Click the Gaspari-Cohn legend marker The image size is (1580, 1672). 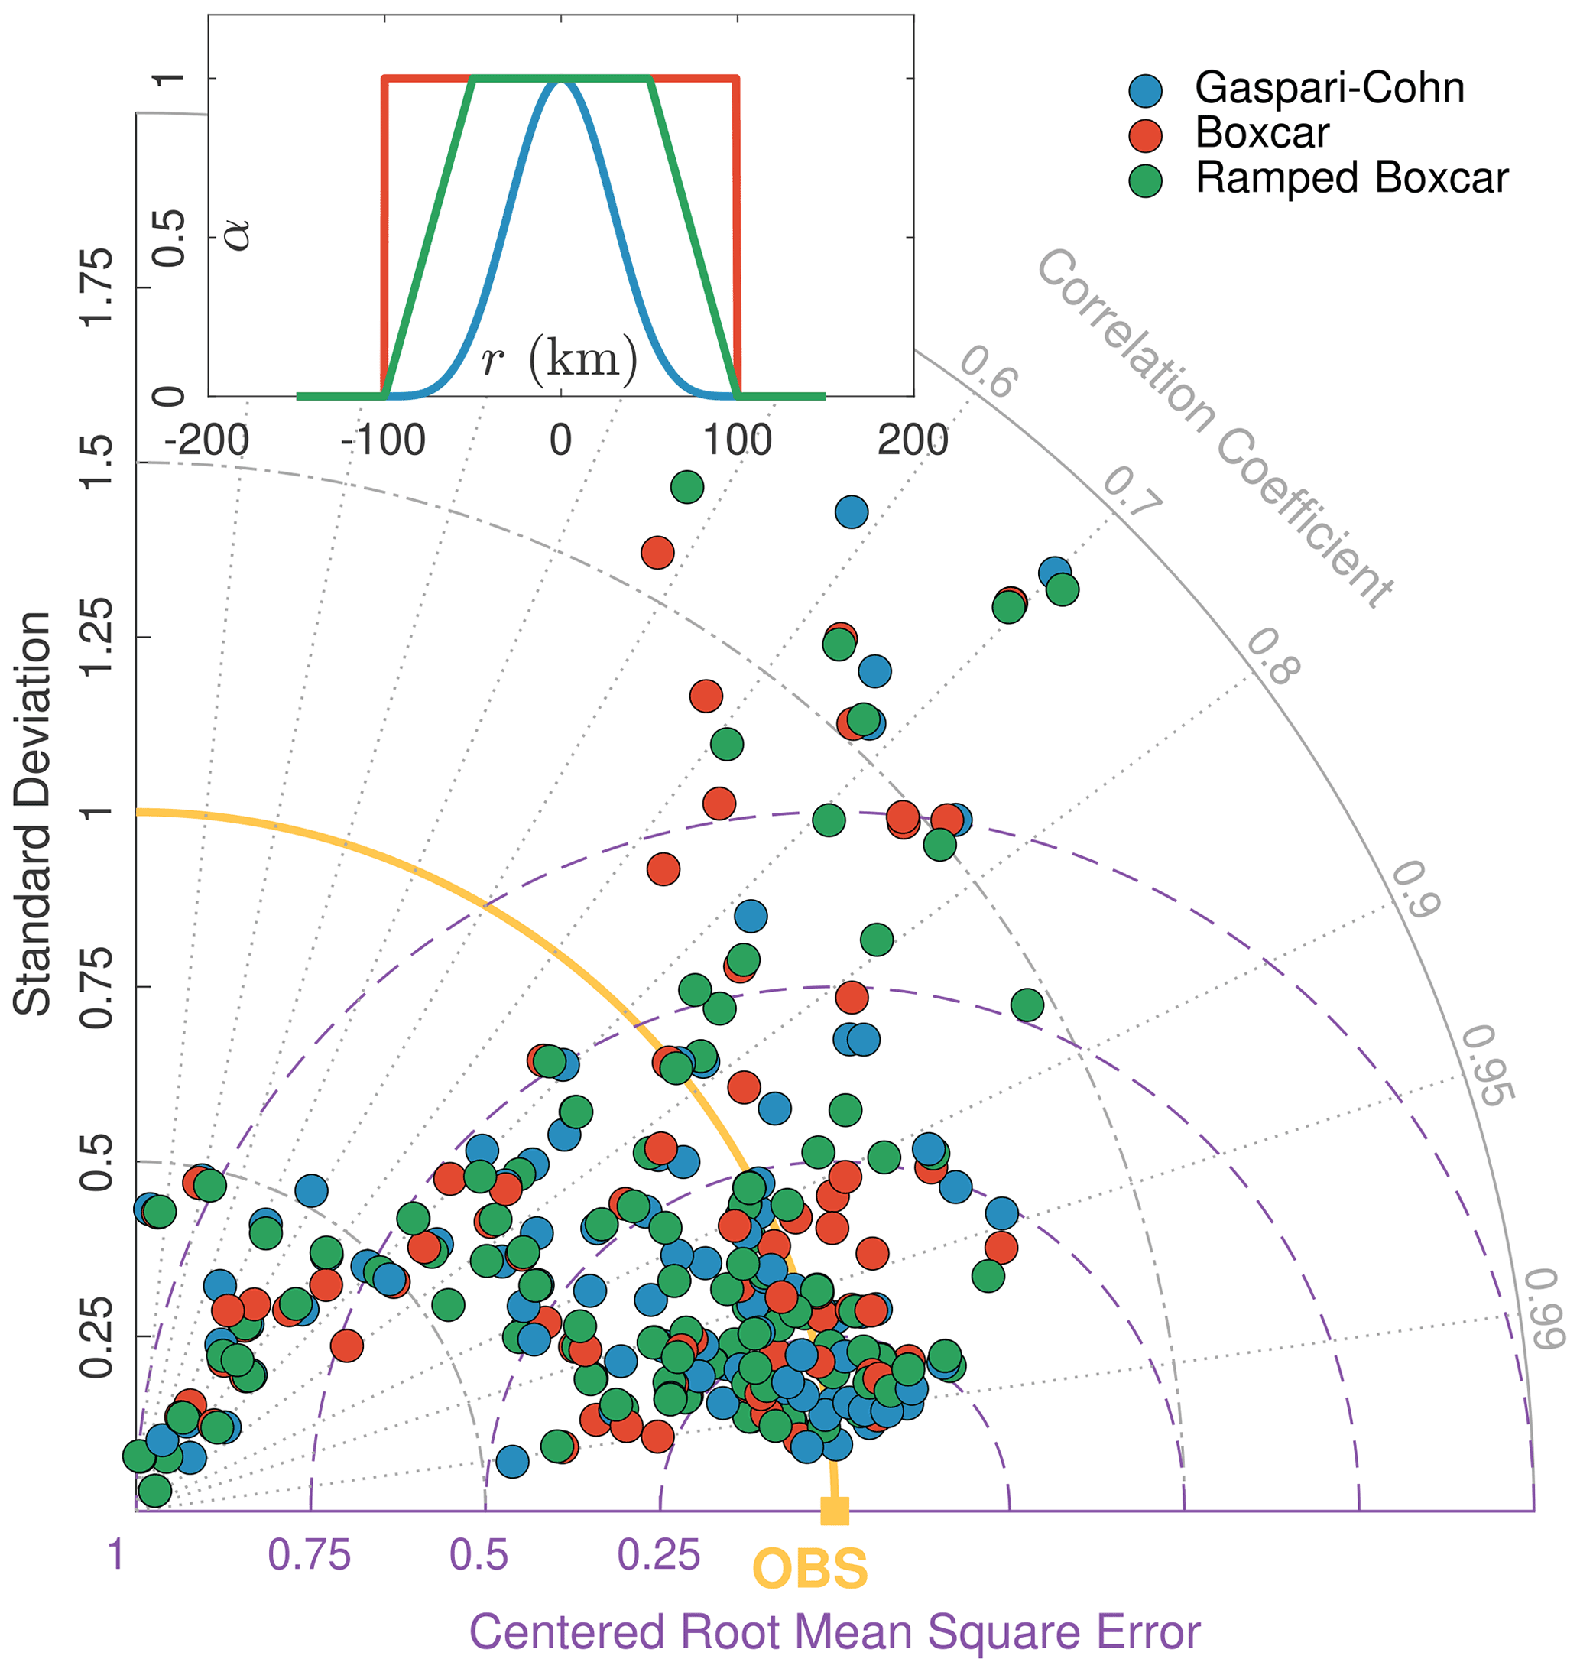point(1145,90)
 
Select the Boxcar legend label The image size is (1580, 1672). point(1262,133)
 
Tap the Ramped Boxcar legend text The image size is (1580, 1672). point(1351,179)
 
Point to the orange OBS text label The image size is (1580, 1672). point(809,1568)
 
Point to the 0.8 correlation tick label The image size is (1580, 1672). point(1273,657)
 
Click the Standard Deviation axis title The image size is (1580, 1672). point(34,813)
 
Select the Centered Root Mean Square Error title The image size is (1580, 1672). point(835,1631)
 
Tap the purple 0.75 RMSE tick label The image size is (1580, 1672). point(308,1555)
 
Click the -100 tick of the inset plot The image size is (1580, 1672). point(383,440)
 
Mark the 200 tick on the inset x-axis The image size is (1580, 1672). point(913,440)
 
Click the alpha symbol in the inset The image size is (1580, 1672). point(238,232)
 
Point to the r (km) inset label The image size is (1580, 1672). point(560,359)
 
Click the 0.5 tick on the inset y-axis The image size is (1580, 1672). point(171,238)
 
